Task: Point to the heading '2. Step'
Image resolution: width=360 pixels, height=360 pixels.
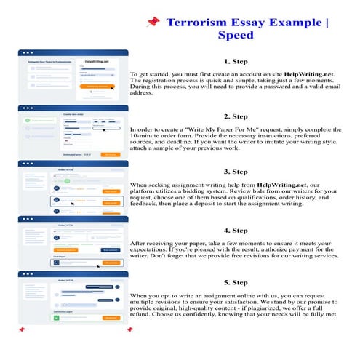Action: (237, 116)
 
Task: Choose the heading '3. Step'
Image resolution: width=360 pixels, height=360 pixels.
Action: (237, 172)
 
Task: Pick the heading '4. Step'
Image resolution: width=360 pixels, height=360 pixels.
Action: (237, 231)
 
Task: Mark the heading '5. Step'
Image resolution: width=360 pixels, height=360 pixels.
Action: (237, 282)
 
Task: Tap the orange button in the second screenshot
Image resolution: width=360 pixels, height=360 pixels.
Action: (109, 155)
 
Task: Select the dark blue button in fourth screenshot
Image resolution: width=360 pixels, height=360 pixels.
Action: (110, 249)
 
